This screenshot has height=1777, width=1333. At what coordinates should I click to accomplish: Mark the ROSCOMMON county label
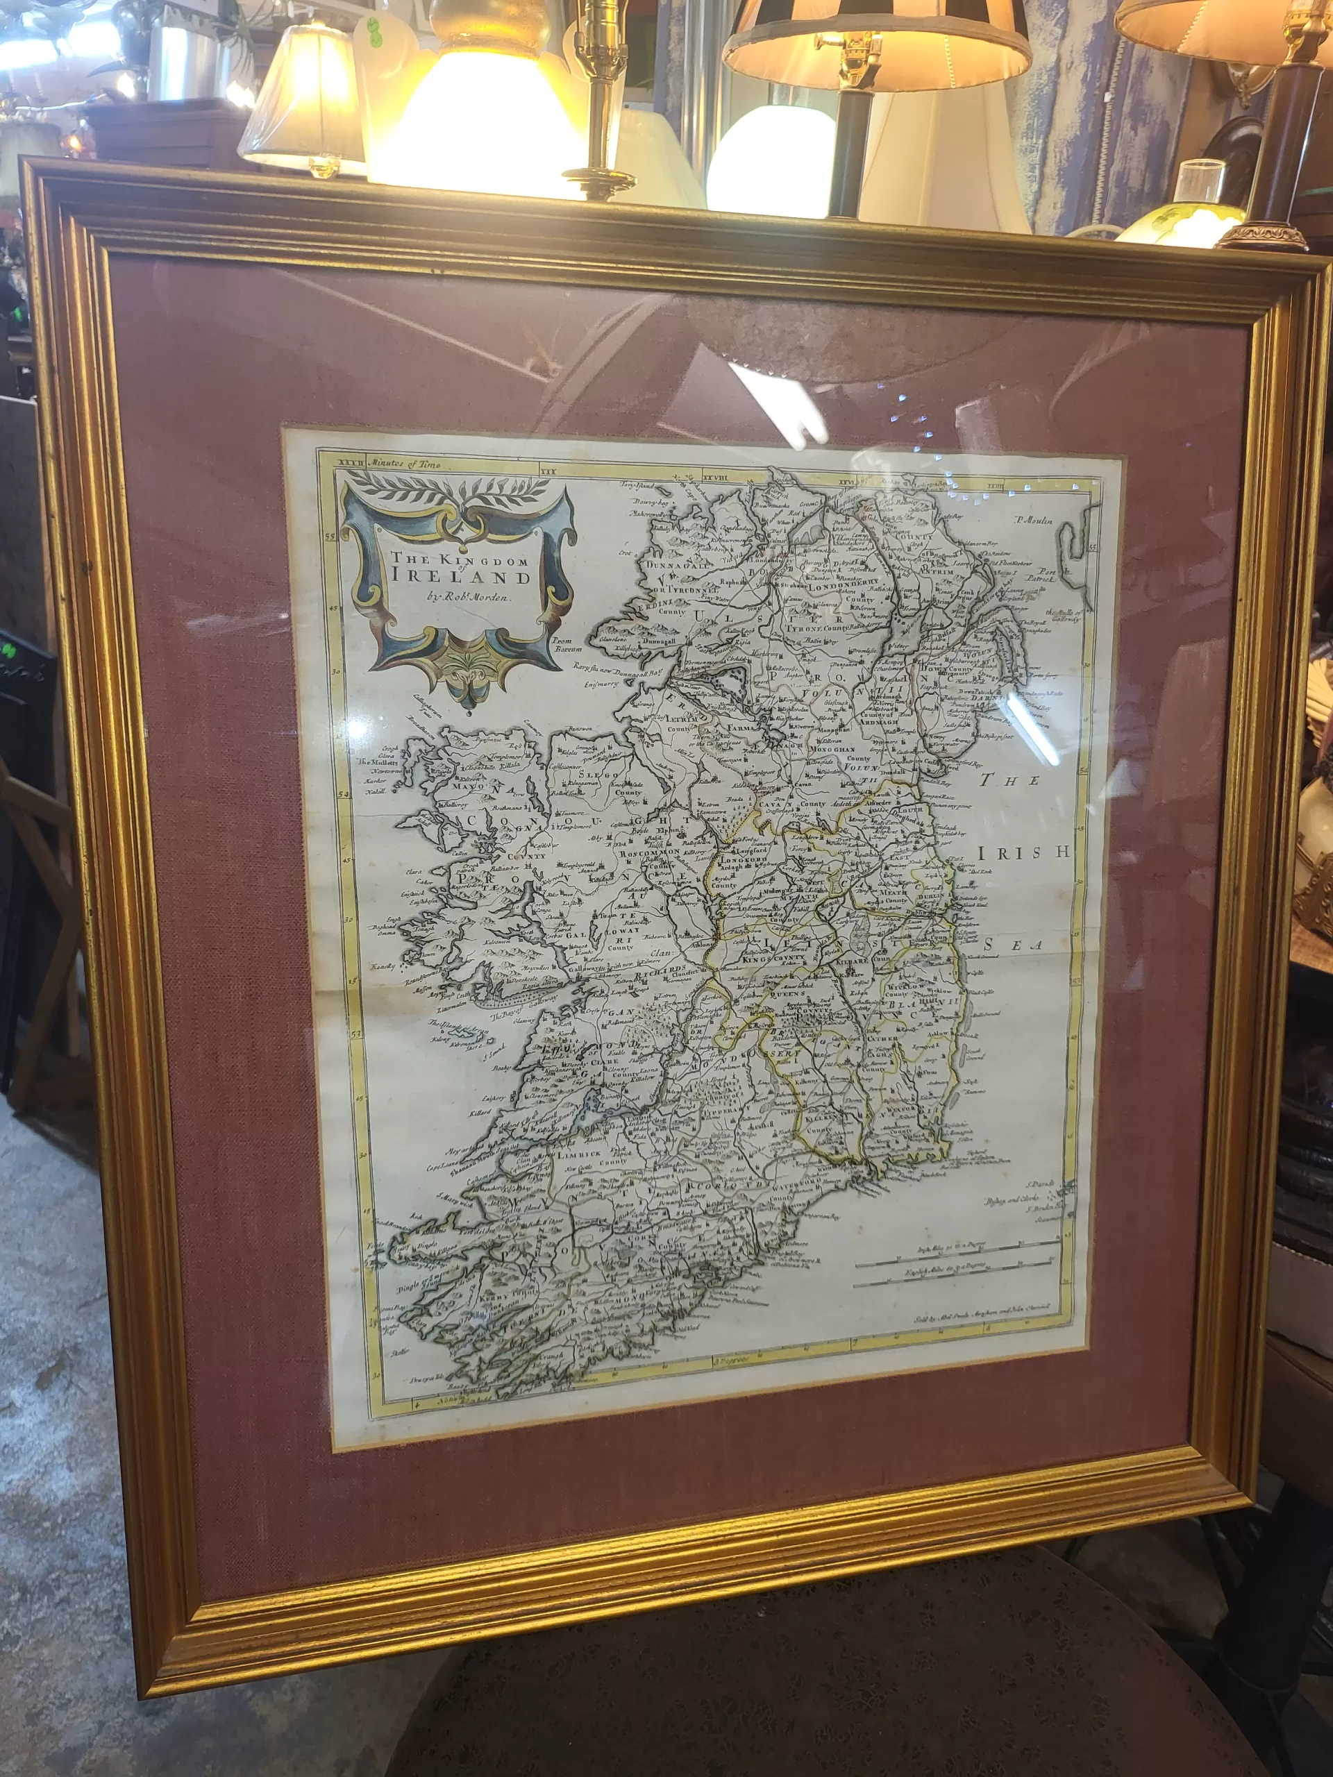click(650, 852)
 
